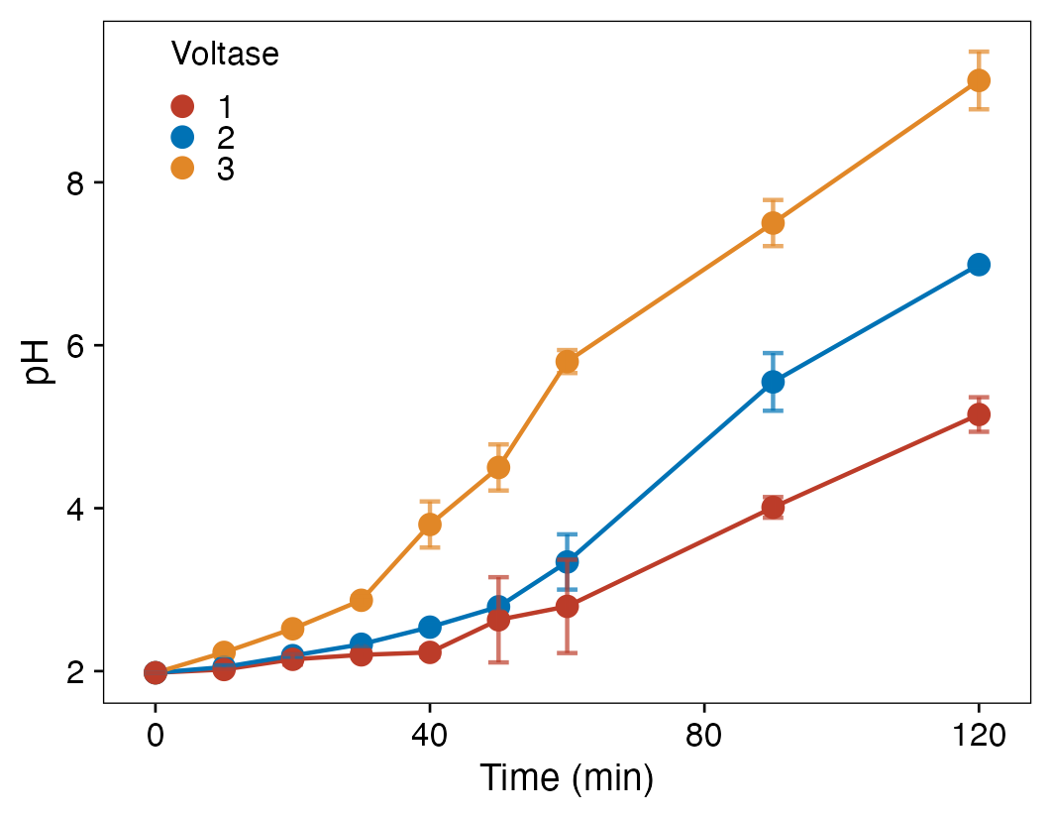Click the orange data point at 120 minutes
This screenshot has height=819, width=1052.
[x=979, y=80]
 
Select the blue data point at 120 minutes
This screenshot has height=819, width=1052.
[x=979, y=265]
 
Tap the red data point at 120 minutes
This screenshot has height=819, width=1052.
[x=979, y=414]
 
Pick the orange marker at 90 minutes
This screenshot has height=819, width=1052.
[x=773, y=223]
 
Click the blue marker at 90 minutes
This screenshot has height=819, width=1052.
[x=773, y=382]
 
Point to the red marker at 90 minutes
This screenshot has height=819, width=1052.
[x=773, y=508]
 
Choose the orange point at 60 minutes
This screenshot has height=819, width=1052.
[x=567, y=362]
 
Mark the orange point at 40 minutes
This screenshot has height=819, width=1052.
[x=429, y=525]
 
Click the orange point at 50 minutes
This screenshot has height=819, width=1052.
[x=498, y=467]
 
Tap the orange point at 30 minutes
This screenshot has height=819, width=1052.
[x=361, y=600]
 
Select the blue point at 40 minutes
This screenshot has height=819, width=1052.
[x=429, y=627]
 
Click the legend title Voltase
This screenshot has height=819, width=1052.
[x=225, y=55]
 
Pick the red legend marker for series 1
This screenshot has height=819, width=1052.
[x=182, y=106]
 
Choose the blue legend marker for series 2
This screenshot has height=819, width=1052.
[x=182, y=137]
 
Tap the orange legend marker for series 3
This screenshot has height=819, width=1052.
[x=182, y=169]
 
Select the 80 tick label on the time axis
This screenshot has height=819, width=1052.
[x=703, y=736]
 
